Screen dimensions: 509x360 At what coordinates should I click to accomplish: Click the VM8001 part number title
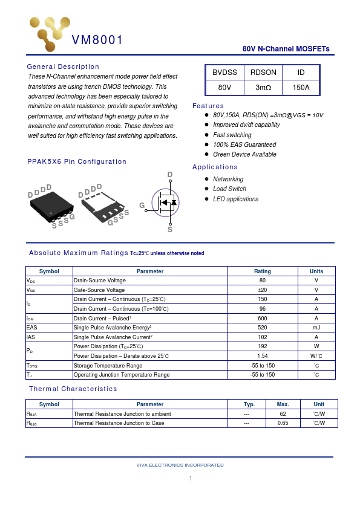click(x=97, y=41)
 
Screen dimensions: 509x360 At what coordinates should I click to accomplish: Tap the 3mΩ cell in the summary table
click(x=263, y=88)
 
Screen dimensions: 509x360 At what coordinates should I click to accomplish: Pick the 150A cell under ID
click(x=301, y=88)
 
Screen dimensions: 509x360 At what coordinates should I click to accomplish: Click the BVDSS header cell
click(x=224, y=73)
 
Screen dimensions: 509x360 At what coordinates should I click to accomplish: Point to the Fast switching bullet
click(x=232, y=135)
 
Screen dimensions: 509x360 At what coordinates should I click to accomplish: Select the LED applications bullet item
click(x=235, y=199)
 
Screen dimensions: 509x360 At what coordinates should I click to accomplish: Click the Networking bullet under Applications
click(x=228, y=179)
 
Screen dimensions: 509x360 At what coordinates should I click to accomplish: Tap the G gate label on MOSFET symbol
click(x=142, y=206)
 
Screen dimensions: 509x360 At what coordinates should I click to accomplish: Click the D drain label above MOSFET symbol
click(x=170, y=175)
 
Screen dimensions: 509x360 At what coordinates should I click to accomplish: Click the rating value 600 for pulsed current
click(x=263, y=319)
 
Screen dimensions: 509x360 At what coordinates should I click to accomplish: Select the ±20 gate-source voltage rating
click(x=263, y=290)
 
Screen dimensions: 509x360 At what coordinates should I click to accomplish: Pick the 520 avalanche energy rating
click(x=263, y=328)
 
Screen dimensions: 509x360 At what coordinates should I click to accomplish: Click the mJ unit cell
click(x=316, y=328)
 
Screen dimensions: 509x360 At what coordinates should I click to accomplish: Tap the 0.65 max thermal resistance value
click(x=283, y=423)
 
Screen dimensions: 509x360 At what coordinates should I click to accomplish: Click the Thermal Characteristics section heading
click(x=73, y=389)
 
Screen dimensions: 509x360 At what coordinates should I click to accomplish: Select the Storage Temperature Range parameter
click(x=108, y=366)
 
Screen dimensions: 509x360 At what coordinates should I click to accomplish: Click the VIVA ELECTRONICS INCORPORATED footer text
click(x=180, y=465)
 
